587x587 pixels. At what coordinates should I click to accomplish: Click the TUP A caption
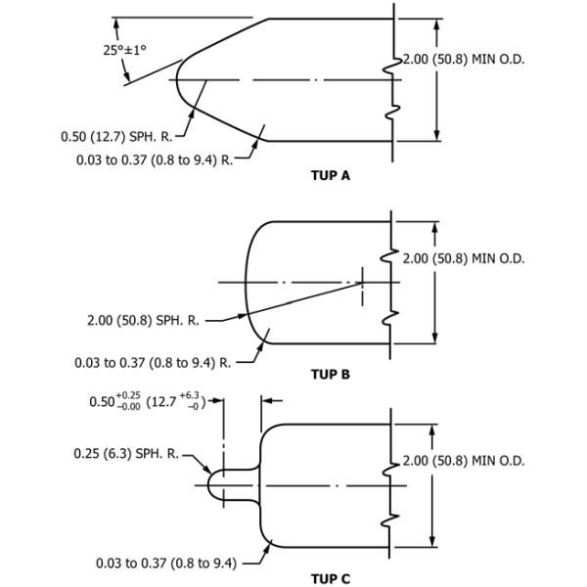(x=330, y=176)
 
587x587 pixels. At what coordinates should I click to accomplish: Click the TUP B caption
(x=330, y=374)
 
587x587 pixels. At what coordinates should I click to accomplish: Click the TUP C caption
(x=330, y=579)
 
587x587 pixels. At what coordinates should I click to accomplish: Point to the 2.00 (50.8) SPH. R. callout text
(x=138, y=319)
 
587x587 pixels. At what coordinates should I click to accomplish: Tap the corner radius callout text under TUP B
(x=154, y=363)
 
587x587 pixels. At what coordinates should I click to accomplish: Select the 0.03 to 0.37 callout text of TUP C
(x=165, y=563)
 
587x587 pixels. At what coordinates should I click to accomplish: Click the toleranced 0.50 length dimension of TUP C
(x=145, y=401)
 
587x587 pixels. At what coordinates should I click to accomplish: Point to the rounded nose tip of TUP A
(x=177, y=79)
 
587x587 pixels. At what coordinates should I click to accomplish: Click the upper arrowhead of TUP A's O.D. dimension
(x=436, y=23)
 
